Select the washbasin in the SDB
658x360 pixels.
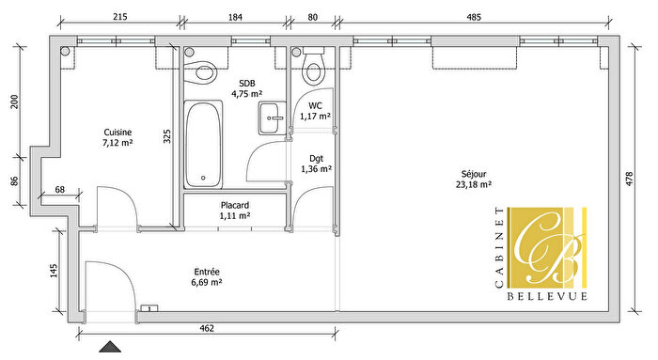tap(273, 117)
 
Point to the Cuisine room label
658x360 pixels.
tap(117, 133)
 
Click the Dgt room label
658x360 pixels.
tap(316, 158)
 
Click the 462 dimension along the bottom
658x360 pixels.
tap(208, 328)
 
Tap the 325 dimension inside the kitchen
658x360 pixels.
tap(167, 135)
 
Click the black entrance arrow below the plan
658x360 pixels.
tap(112, 348)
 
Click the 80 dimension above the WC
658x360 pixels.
tap(312, 16)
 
